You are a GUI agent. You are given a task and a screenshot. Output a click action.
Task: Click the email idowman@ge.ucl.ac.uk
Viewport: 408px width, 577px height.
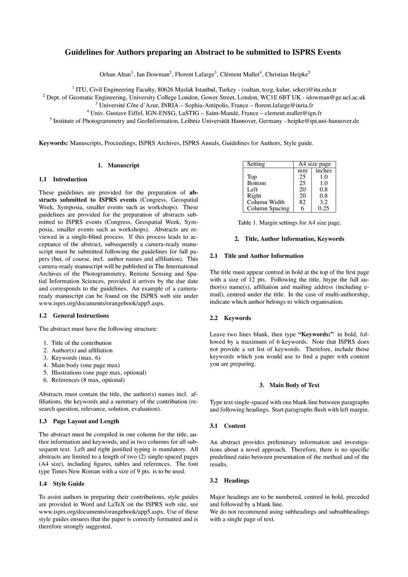click(x=337, y=97)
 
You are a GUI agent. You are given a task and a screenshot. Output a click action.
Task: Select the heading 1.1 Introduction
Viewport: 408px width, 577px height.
click(x=63, y=179)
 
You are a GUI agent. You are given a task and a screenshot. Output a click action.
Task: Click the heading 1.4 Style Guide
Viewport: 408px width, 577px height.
click(x=62, y=483)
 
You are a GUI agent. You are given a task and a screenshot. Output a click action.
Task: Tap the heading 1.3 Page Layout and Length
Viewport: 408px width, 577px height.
click(x=79, y=421)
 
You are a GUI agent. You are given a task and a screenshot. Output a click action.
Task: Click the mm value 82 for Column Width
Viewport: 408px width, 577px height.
click(x=303, y=202)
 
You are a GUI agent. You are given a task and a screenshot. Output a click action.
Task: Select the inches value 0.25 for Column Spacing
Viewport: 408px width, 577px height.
click(x=323, y=209)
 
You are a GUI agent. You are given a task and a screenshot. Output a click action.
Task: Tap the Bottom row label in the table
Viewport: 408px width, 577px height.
click(x=256, y=183)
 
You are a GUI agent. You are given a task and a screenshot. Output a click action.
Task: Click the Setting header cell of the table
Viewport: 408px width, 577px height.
click(x=256, y=164)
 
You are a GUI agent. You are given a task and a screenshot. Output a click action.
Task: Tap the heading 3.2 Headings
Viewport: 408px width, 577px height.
click(x=230, y=480)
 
